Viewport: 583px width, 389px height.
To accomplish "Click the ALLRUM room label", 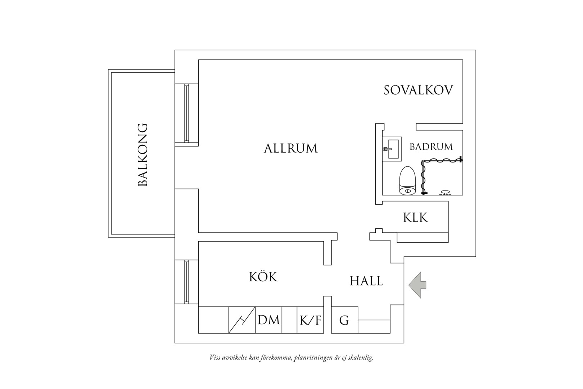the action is (291, 148).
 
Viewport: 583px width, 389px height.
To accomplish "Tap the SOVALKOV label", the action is (418, 90).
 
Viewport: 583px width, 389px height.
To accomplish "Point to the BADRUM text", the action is (431, 147).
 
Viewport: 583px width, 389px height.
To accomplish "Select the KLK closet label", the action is (415, 218).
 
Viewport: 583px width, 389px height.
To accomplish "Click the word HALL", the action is (366, 281).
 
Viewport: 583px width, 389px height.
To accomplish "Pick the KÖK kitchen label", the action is (263, 277).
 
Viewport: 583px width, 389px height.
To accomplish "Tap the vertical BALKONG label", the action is (143, 155).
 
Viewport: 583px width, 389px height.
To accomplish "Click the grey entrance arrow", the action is (417, 285).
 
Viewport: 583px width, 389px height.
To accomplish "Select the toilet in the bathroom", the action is (408, 180).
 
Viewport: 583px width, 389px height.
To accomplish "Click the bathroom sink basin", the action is (392, 149).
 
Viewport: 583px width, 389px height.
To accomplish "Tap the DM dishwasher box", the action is (268, 320).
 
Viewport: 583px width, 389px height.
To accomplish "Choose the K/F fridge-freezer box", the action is (310, 320).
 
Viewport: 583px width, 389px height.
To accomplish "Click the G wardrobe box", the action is (345, 320).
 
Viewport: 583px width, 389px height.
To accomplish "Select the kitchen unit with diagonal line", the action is (242, 320).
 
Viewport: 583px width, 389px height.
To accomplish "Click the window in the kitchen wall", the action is (186, 282).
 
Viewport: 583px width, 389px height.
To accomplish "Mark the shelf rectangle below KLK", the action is (422, 238).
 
